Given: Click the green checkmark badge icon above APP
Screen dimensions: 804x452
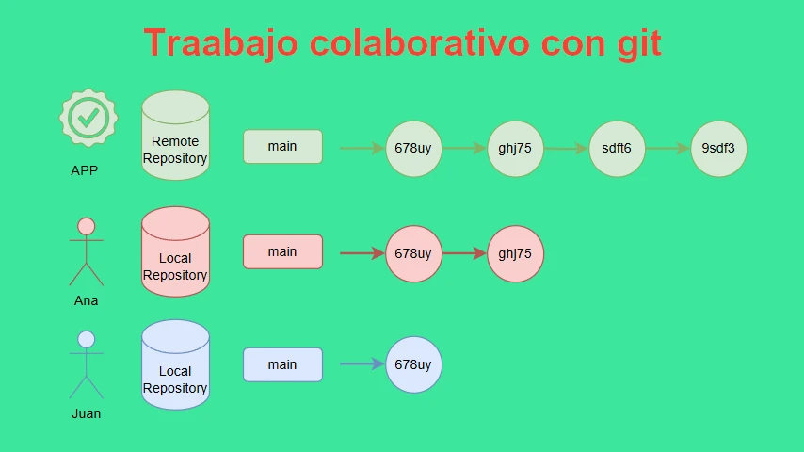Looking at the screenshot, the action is [88, 118].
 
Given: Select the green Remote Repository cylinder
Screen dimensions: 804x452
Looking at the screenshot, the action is [175, 136].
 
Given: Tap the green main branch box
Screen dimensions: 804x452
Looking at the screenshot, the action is [282, 147].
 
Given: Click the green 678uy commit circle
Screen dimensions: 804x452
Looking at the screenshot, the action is [413, 149].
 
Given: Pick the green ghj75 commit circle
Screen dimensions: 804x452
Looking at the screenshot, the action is [515, 149].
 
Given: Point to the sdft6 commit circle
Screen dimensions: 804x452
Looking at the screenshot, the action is [617, 149].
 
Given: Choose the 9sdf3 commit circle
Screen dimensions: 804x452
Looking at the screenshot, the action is [719, 149].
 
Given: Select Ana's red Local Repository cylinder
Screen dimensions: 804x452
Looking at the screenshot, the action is [175, 252].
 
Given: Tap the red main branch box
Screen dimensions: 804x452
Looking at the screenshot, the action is [282, 252].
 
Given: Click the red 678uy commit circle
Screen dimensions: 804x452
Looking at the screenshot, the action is [413, 253].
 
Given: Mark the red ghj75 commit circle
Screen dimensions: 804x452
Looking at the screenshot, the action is [515, 253].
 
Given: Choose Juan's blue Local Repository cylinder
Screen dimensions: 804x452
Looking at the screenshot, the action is [175, 364].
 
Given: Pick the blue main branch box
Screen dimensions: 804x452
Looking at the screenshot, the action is [282, 364].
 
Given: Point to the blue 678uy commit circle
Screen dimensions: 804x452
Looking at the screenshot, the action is [413, 364].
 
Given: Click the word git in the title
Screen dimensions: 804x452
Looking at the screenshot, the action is [639, 43].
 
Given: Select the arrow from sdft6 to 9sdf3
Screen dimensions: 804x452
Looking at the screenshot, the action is [668, 149].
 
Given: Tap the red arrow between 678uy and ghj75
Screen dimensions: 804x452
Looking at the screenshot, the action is [464, 253].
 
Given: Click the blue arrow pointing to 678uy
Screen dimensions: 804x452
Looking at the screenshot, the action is [362, 364].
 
